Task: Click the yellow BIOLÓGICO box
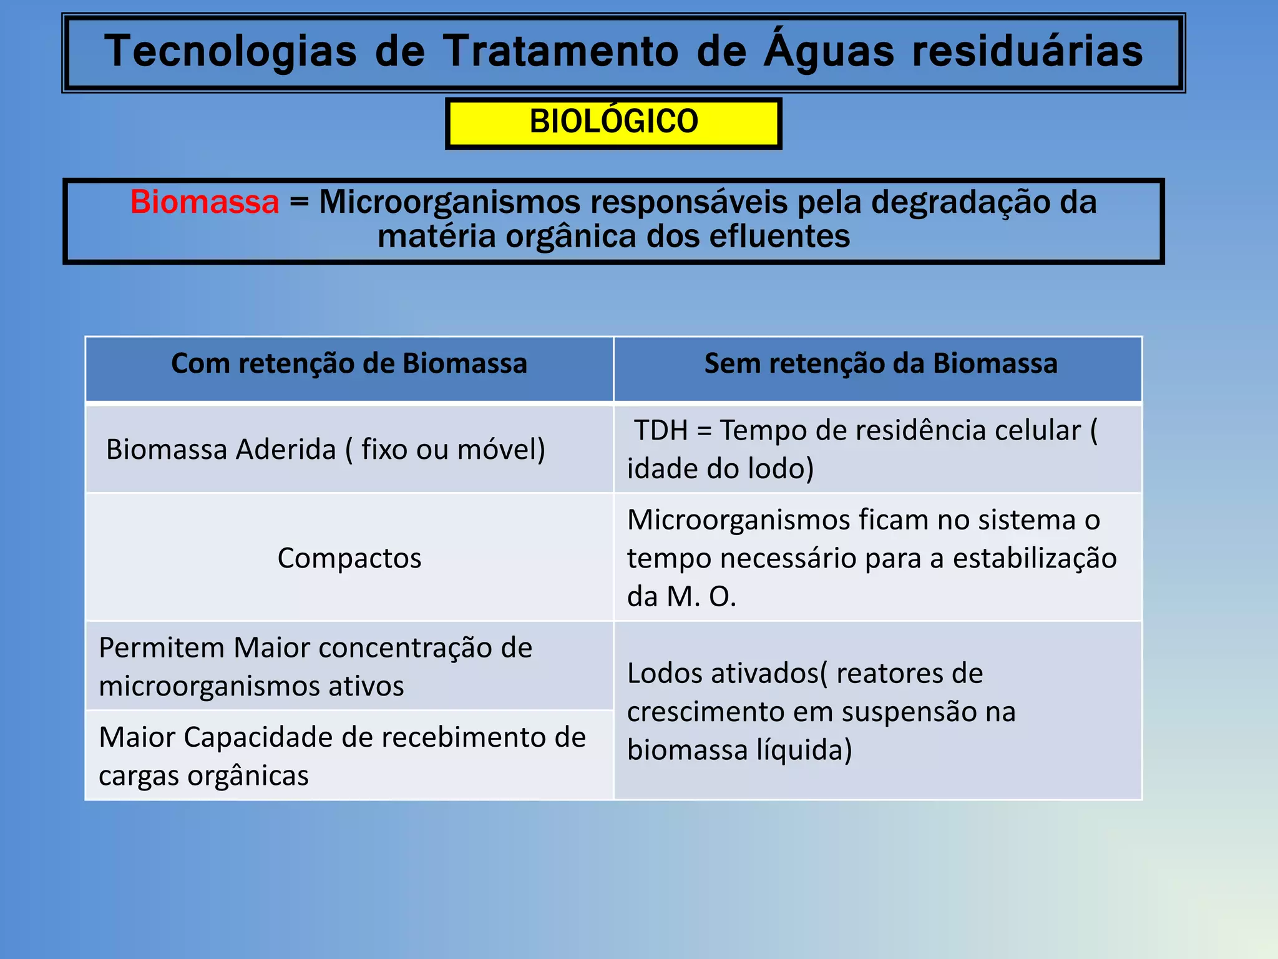(x=613, y=122)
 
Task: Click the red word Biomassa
(x=205, y=202)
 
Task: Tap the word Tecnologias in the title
(x=231, y=51)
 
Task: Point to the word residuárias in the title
(x=1028, y=51)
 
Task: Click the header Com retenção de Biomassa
(x=349, y=364)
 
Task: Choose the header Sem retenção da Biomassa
(x=880, y=364)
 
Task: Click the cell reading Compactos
(x=349, y=558)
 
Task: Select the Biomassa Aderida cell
(x=325, y=450)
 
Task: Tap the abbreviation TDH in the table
(x=660, y=431)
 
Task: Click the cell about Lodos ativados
(x=821, y=711)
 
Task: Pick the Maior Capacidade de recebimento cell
(x=342, y=755)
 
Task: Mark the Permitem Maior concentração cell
(x=315, y=666)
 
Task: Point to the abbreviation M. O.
(x=701, y=597)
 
